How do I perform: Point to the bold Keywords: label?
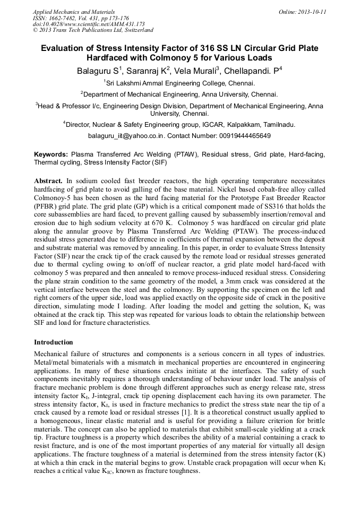[x=51, y=154]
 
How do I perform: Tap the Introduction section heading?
[x=53, y=342]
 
